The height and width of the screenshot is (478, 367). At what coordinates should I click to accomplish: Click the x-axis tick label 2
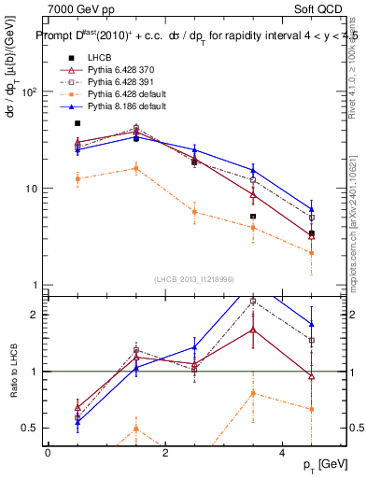pyautogui.click(x=165, y=453)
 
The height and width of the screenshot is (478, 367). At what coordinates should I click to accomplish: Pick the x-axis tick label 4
pyautogui.click(x=283, y=453)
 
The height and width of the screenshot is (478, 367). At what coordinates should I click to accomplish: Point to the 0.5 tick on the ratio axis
pyautogui.click(x=29, y=429)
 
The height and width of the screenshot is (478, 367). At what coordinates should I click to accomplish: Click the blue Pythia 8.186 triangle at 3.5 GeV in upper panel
pyautogui.click(x=253, y=170)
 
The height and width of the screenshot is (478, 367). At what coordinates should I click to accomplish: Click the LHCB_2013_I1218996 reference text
pyautogui.click(x=194, y=279)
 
